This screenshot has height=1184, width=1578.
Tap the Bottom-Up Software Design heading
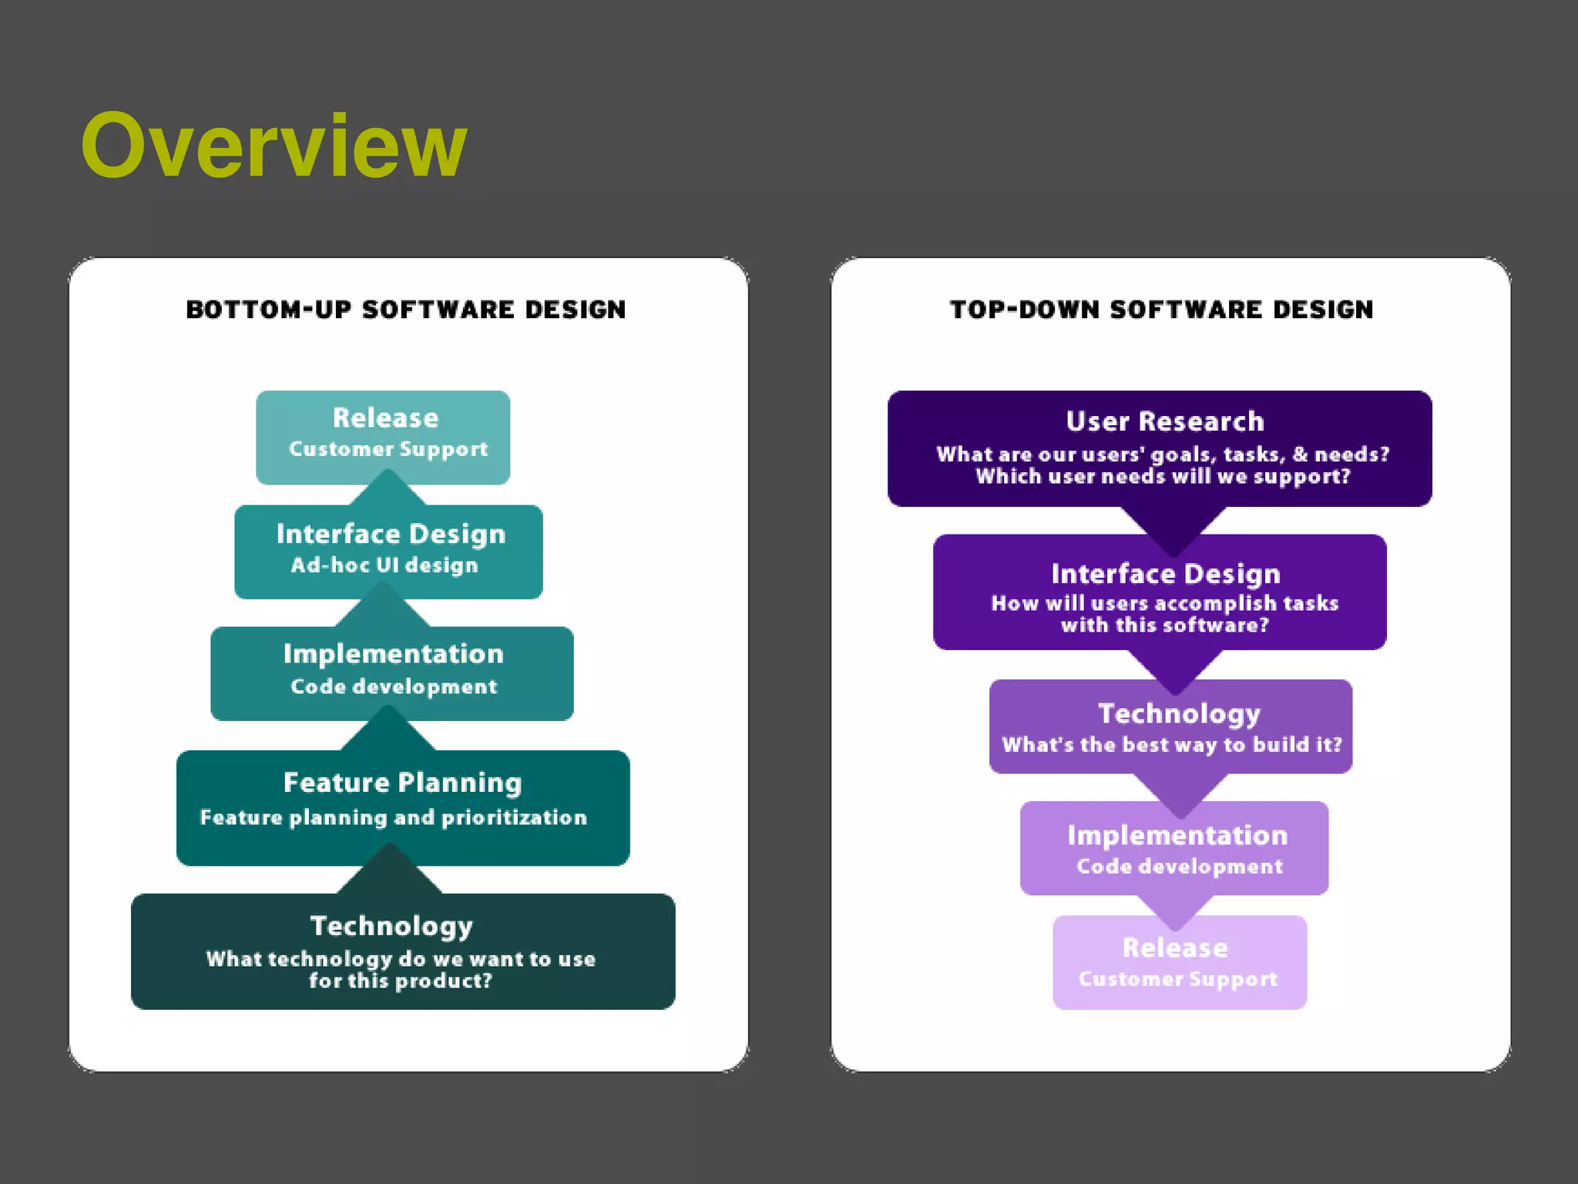(406, 310)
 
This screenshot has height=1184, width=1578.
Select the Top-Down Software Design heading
(1161, 310)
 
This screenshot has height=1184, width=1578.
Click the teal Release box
(383, 436)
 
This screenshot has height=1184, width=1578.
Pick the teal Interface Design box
(388, 551)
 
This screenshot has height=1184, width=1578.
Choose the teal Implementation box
(391, 672)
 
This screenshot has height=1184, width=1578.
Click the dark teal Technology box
(402, 951)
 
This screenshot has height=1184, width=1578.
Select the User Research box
(1159, 448)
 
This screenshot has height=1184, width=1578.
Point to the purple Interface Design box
(1159, 592)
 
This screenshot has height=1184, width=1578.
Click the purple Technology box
(1170, 726)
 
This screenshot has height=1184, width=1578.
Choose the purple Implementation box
(1173, 847)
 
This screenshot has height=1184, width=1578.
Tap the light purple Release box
(1179, 961)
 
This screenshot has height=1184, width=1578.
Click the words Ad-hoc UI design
(384, 565)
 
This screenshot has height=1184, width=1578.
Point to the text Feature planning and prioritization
(393, 817)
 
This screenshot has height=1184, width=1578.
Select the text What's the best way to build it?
(1171, 745)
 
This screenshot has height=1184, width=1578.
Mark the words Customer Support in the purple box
(1177, 979)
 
